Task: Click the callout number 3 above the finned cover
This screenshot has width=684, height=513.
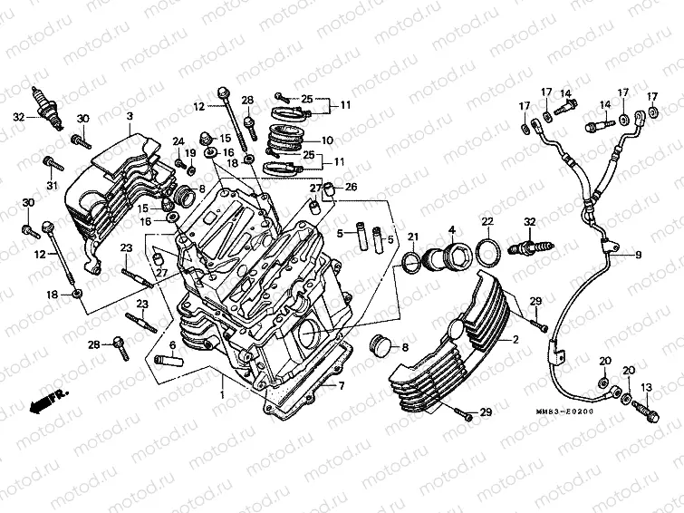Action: tap(129, 117)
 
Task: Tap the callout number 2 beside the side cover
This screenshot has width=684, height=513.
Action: tap(515, 340)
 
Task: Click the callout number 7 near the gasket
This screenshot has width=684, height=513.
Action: tap(342, 386)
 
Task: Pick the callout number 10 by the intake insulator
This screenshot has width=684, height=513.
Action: tap(327, 140)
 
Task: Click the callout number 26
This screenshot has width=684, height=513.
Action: tap(352, 188)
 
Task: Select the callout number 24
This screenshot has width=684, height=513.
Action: tap(178, 140)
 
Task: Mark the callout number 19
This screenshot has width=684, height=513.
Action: tap(191, 153)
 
